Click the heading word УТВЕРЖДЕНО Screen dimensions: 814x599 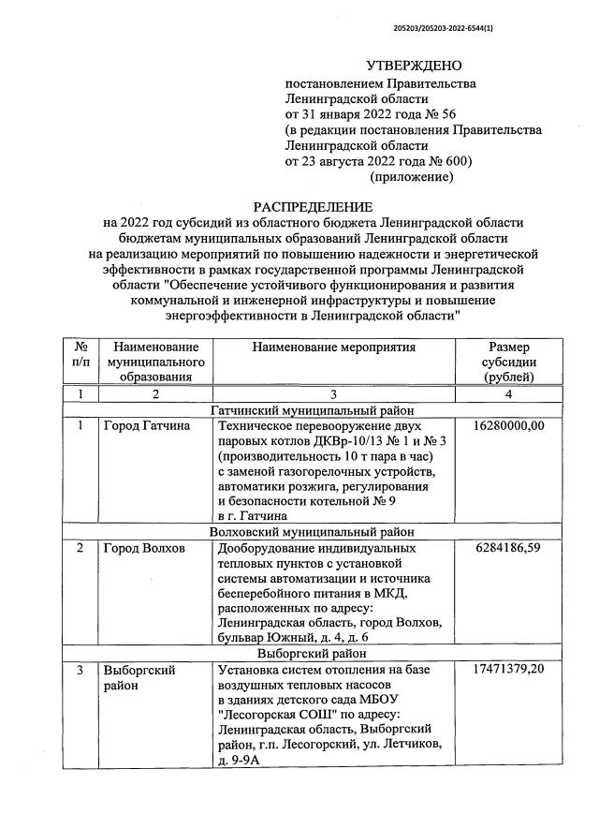point(415,67)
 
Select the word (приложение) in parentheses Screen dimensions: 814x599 point(412,176)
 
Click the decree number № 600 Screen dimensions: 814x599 point(449,160)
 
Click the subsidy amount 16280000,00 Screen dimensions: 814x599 point(509,425)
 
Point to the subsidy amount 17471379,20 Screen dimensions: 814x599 point(509,671)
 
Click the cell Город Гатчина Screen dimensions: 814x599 point(146,425)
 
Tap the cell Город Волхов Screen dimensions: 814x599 point(144,548)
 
